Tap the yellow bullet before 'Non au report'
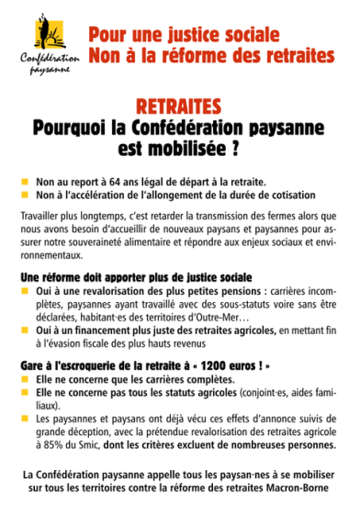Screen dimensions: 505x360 click(26, 182)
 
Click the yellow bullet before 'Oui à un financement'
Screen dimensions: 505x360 click(26, 328)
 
